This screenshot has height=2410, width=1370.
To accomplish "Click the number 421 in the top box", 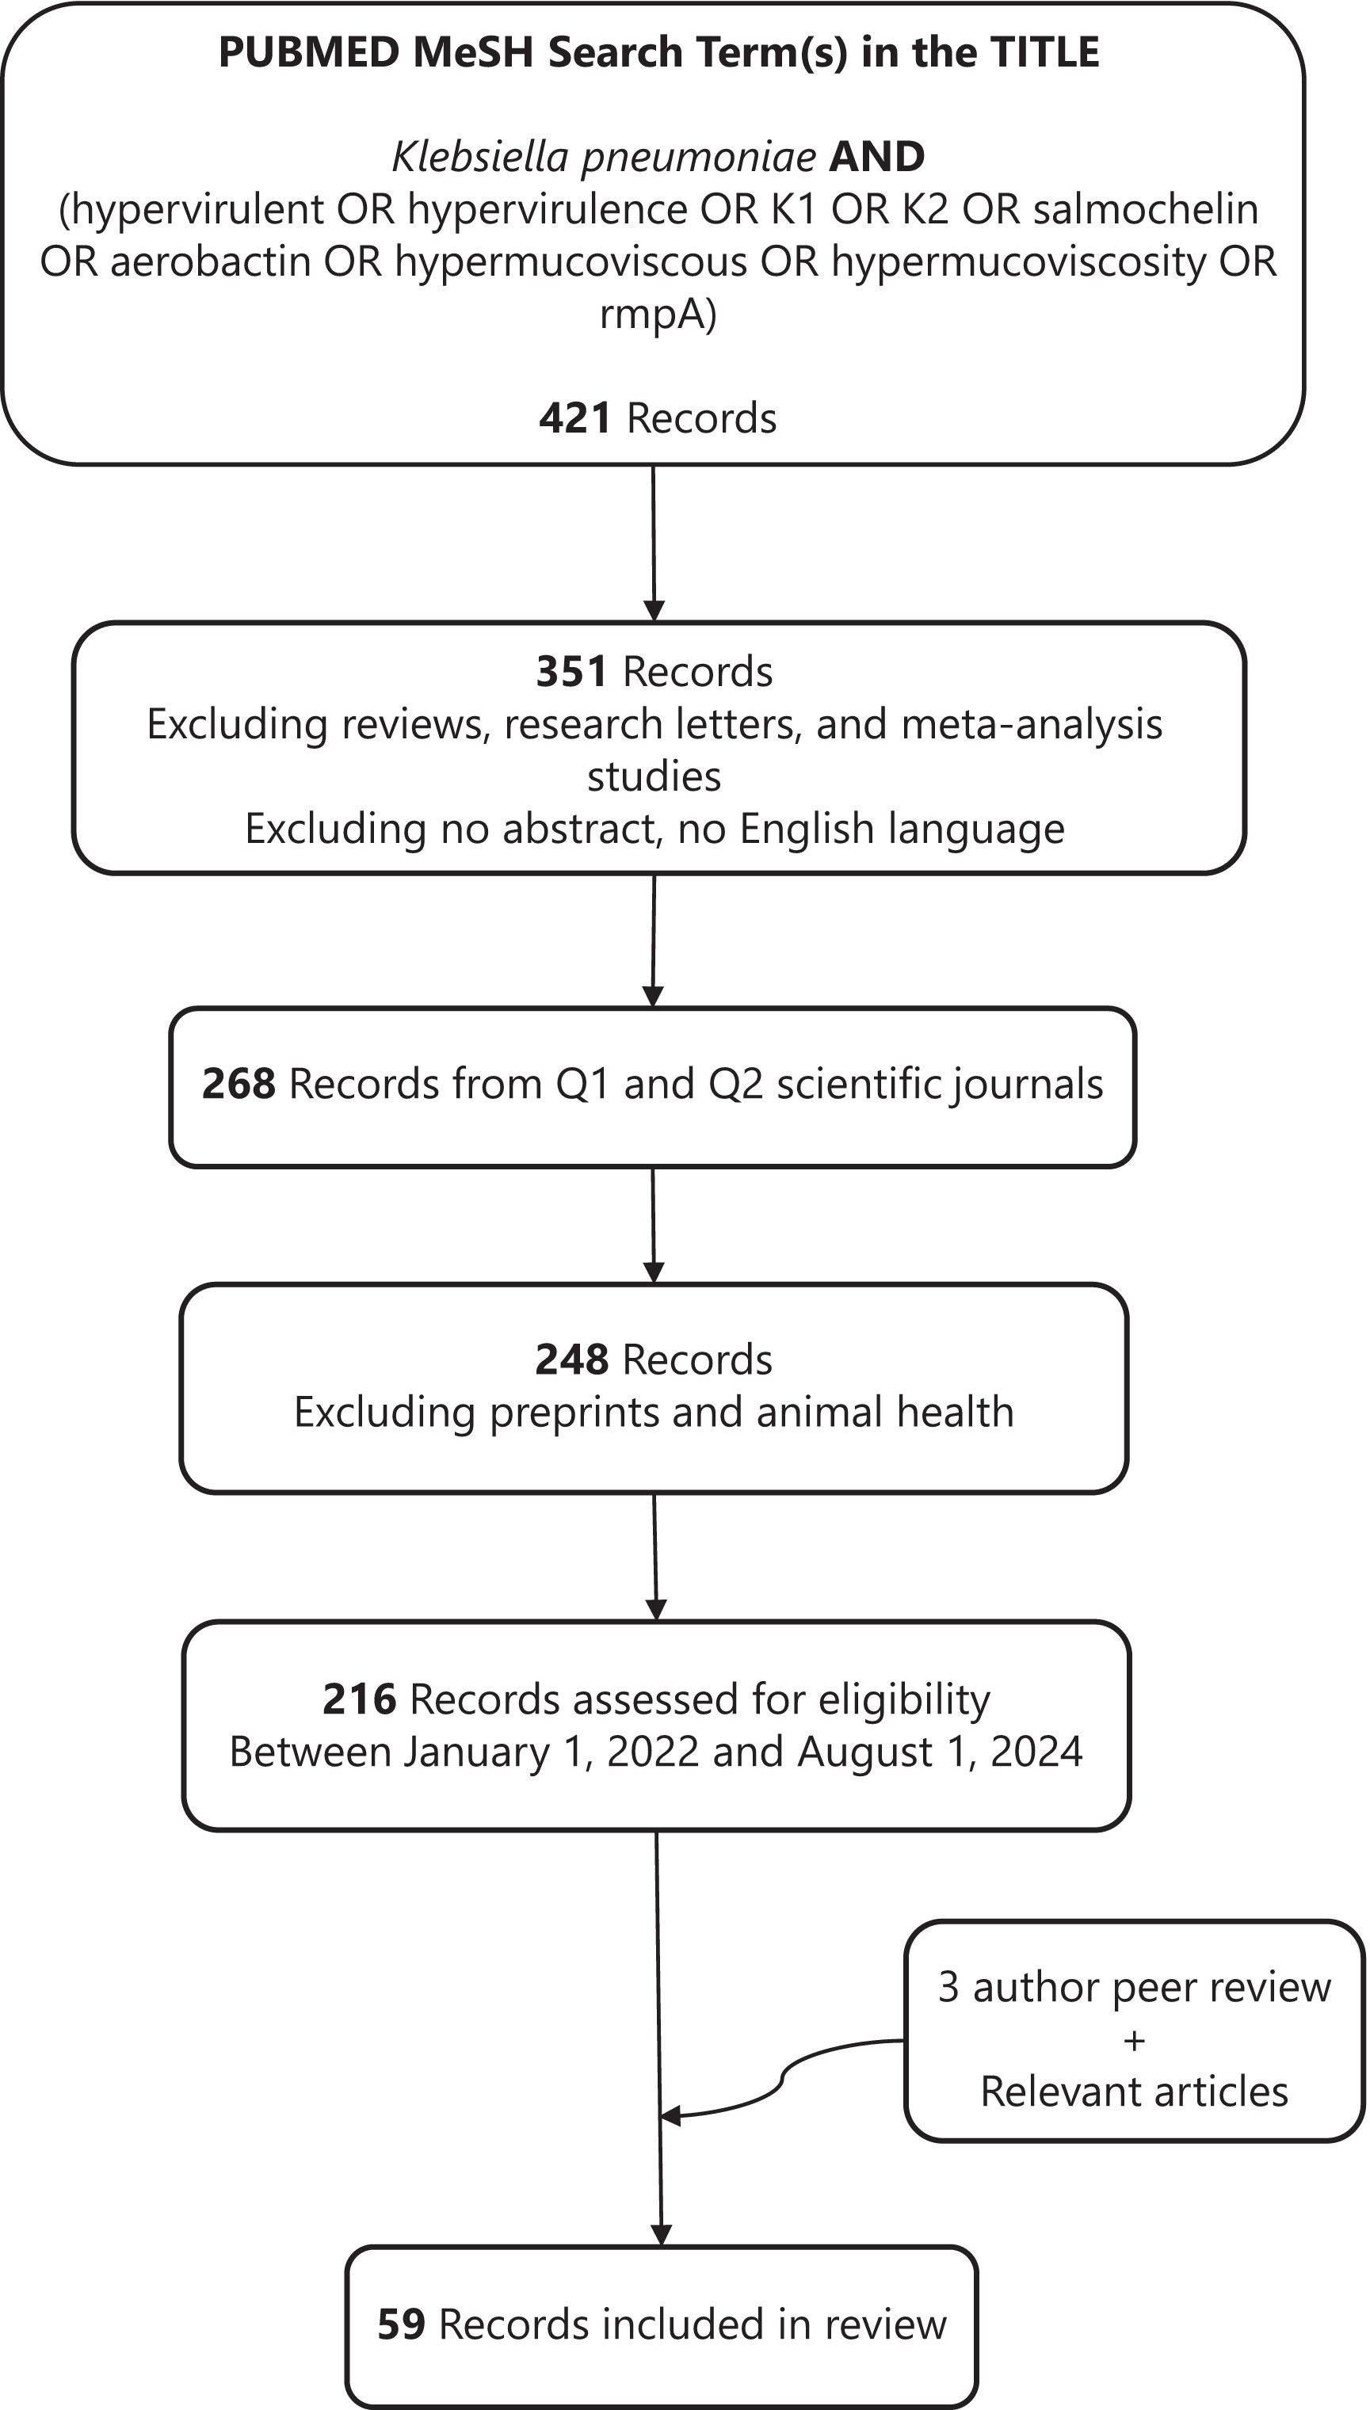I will tap(575, 418).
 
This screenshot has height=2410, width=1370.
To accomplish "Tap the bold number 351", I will tap(571, 672).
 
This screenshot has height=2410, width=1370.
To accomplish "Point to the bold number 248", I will tap(571, 1360).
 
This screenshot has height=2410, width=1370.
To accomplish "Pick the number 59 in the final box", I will tap(402, 2324).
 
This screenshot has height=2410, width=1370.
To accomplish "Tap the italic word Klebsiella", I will tap(479, 157).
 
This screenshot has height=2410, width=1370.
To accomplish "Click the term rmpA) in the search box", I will tap(658, 313).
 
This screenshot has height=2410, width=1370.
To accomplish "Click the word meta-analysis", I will tap(1032, 724).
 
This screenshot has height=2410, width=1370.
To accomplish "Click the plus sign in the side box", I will tap(1134, 2039).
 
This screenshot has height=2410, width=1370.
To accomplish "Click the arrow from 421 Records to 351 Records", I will tap(653, 542).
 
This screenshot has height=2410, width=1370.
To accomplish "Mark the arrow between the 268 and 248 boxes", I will tap(653, 1224).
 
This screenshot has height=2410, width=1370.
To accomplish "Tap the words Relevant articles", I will tap(1134, 2091).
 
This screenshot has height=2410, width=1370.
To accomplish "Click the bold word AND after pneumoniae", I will tap(876, 157).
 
